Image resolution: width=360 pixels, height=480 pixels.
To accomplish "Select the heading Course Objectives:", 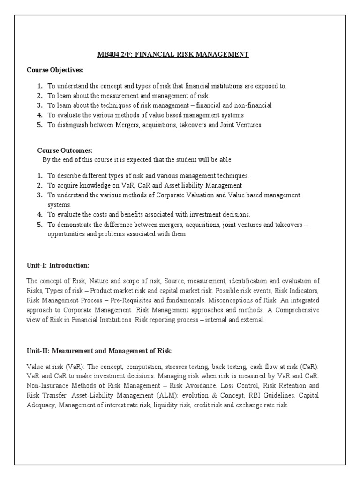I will (55, 70).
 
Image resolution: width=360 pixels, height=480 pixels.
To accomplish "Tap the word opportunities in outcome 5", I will (67, 234).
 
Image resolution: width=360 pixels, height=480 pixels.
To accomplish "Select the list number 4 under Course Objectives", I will (40, 115).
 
